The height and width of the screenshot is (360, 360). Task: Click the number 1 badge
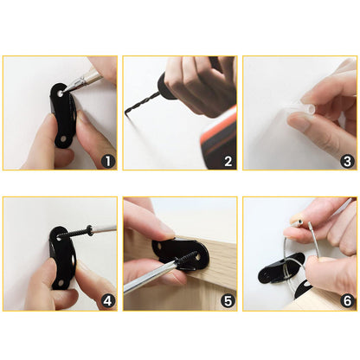click(x=108, y=160)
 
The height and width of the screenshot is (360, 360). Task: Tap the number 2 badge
click(x=228, y=160)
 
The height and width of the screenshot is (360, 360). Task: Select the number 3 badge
click(x=347, y=160)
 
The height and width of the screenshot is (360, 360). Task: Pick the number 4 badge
click(x=108, y=301)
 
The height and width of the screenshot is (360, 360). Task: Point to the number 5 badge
click(x=228, y=301)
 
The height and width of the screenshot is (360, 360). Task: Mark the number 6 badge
click(x=347, y=301)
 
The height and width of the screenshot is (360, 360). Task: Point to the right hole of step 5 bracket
click(x=198, y=256)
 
